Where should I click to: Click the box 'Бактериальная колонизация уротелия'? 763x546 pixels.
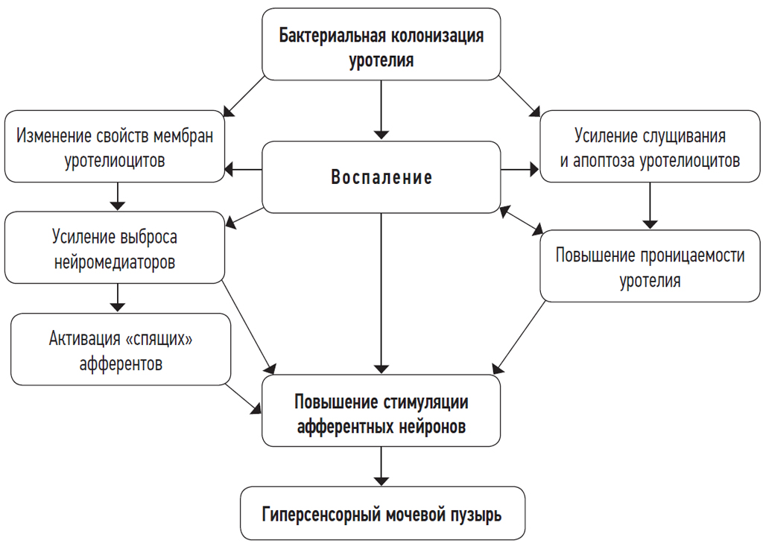(x=381, y=45)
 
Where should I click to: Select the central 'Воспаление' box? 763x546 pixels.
(x=381, y=178)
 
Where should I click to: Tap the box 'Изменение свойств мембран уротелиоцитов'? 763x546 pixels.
(x=114, y=147)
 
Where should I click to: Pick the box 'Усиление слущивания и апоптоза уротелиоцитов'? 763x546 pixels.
(x=650, y=147)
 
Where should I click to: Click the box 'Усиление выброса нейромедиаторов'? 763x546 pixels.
(x=114, y=248)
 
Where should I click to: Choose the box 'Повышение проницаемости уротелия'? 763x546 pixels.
(x=650, y=266)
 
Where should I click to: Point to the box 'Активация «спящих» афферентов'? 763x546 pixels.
(x=120, y=349)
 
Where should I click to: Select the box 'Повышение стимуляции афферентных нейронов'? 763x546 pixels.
(x=381, y=411)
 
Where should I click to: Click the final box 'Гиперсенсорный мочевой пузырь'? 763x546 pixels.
(x=381, y=514)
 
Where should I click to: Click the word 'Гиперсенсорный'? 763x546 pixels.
(x=319, y=514)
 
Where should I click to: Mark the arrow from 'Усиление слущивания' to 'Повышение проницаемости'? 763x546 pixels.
(x=650, y=205)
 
